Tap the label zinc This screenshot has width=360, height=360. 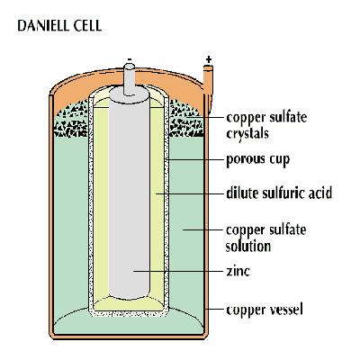(238, 269)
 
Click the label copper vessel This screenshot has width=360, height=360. (264, 311)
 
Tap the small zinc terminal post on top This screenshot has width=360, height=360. (131, 77)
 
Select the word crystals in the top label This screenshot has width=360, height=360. (247, 131)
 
